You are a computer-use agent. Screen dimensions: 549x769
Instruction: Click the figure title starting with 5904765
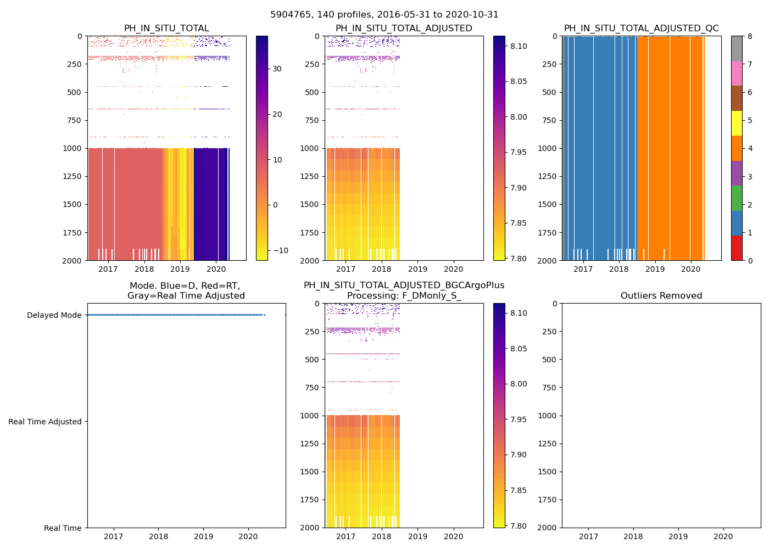tap(384, 15)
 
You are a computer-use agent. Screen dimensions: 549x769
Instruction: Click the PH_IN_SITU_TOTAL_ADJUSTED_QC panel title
tap(641, 29)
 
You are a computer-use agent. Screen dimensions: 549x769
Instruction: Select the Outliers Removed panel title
tap(661, 296)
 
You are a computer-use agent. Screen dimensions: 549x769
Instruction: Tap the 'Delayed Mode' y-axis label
tap(54, 315)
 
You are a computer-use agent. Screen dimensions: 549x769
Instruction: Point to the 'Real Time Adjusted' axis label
tap(44, 422)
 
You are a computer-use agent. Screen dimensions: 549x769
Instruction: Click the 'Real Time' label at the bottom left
tap(63, 528)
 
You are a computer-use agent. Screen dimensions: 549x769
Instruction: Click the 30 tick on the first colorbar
tap(277, 69)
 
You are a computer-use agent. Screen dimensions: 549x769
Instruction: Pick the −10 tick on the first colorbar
tap(280, 250)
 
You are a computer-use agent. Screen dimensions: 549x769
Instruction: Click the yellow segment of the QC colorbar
tap(737, 123)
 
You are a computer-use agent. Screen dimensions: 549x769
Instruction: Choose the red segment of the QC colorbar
tap(737, 248)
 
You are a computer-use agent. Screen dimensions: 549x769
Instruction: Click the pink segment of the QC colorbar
tap(737, 73)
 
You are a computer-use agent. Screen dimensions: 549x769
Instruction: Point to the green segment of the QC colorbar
tap(737, 198)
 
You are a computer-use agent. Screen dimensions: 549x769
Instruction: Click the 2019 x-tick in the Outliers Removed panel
tap(678, 536)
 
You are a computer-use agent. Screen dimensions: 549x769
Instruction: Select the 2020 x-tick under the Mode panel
tap(248, 536)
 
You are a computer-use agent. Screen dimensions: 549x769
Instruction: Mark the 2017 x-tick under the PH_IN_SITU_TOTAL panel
tap(108, 269)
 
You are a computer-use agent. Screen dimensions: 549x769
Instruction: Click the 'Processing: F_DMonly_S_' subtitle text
tap(404, 296)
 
